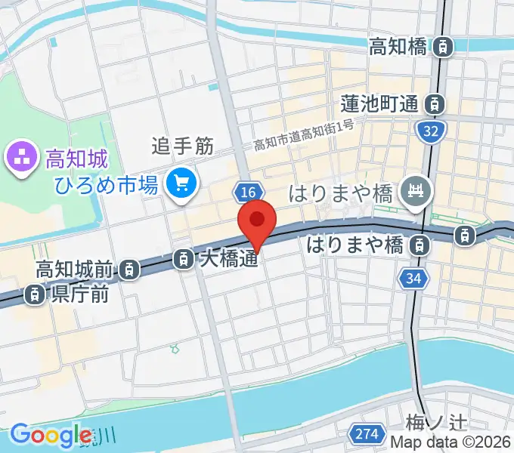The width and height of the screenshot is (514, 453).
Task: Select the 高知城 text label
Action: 77,159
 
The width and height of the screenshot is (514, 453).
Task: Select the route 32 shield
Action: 430,132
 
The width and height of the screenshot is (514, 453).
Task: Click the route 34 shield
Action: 412,279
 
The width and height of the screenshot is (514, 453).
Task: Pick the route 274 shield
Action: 366,433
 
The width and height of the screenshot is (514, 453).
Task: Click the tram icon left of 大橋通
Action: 183,260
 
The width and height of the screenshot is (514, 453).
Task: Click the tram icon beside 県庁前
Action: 35,295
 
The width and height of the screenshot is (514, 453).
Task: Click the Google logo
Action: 50,435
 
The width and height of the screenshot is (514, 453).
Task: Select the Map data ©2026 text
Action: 451,444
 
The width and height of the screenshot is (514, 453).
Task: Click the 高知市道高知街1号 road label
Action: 303,135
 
